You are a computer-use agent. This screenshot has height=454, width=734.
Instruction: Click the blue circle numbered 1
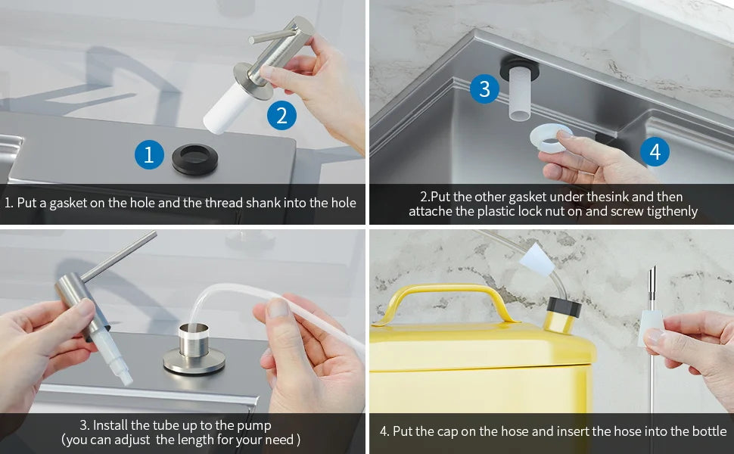[149, 155]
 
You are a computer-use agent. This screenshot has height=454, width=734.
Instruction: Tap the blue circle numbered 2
[281, 116]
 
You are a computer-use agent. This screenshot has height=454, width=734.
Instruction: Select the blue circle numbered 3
[484, 89]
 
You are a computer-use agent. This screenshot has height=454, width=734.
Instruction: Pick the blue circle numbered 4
[655, 152]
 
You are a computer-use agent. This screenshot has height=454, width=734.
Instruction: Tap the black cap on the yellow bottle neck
[563, 306]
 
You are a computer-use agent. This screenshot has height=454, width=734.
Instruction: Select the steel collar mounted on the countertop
[194, 348]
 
